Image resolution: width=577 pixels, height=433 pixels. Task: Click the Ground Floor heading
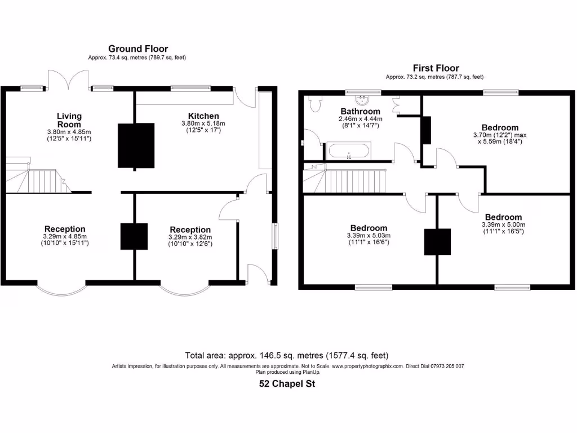pos(138,49)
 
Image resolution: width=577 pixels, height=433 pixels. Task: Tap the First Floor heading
pos(436,68)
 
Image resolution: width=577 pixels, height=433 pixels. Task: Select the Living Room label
pos(69,120)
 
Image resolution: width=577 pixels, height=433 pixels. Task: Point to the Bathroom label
pos(360,112)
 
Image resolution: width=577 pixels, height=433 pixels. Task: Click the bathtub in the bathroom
pos(349,151)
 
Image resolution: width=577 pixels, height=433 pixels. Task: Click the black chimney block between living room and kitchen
pos(136,145)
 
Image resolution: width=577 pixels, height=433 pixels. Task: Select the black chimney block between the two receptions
pos(134,236)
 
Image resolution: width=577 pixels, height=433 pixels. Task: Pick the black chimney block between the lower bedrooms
pos(437,242)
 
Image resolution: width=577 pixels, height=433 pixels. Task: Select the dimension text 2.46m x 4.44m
pos(360,119)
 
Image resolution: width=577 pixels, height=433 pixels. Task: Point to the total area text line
pos(287,356)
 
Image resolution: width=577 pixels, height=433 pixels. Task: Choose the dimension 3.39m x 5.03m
pos(369,236)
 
